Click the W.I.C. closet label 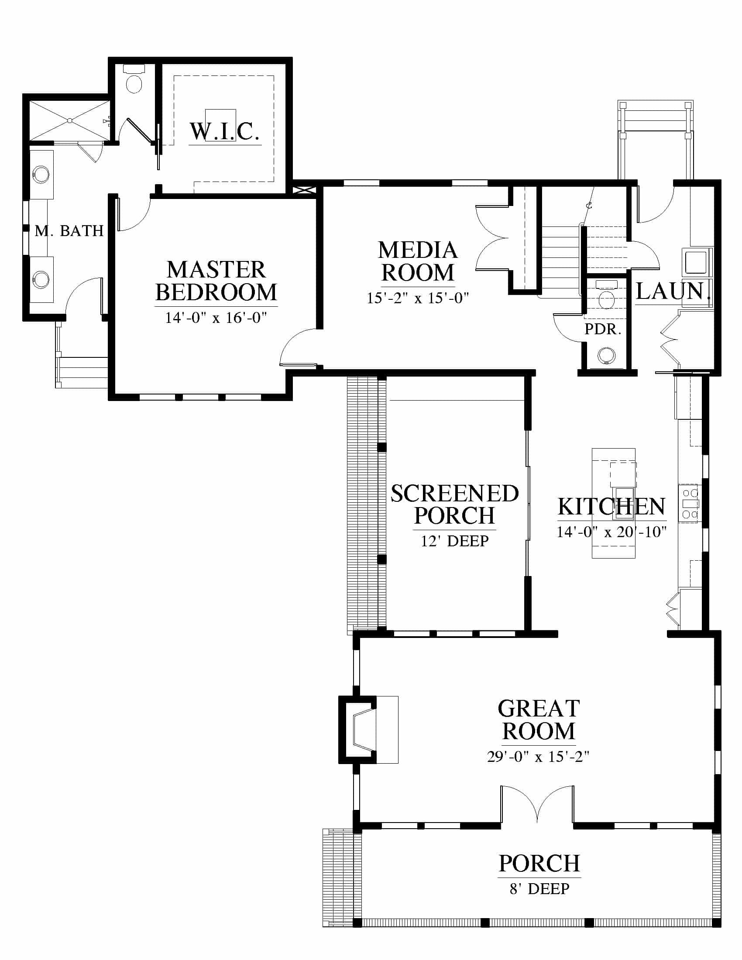(x=224, y=131)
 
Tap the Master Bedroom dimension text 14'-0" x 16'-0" (x=216, y=317)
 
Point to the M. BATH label (x=69, y=231)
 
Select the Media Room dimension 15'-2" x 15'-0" (x=418, y=298)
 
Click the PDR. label (x=603, y=329)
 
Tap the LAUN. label (x=673, y=291)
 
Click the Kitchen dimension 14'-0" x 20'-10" (x=611, y=532)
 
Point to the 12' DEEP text (x=454, y=541)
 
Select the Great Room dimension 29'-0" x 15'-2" (x=538, y=757)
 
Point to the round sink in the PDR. (x=607, y=355)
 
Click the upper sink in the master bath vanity (x=41, y=174)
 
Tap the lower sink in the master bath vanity (x=41, y=280)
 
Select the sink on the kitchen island (x=624, y=497)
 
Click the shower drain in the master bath (x=69, y=120)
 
